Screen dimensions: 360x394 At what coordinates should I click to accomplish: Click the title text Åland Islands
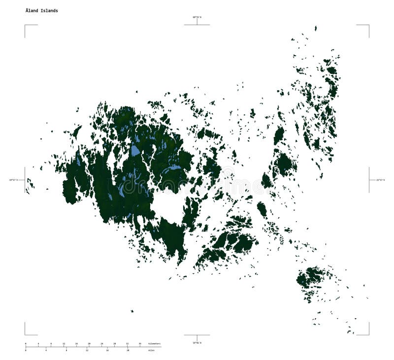coord(42,10)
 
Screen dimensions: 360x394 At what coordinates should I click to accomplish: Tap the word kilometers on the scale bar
coord(154,343)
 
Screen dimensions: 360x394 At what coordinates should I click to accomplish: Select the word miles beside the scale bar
coord(151,350)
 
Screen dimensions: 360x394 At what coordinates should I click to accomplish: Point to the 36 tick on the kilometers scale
coord(140,343)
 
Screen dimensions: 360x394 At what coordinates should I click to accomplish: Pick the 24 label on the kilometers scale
coord(102,343)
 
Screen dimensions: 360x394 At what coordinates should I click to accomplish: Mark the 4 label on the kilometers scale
coord(38,343)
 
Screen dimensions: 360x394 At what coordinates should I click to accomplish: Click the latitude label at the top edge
coord(197,17)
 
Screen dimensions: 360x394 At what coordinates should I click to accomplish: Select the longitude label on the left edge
coord(13,180)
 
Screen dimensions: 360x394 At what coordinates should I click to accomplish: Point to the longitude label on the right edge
coord(381,180)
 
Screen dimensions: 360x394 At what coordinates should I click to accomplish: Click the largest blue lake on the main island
coord(135,150)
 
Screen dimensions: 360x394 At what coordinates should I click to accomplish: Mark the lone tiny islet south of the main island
coord(132,311)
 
